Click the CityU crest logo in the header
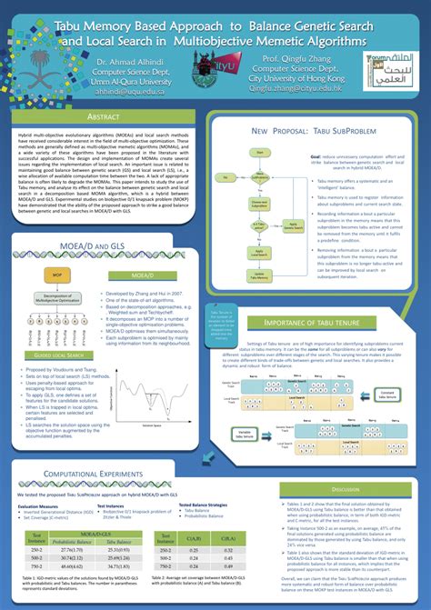[215, 65]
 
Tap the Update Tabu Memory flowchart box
[259, 275]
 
